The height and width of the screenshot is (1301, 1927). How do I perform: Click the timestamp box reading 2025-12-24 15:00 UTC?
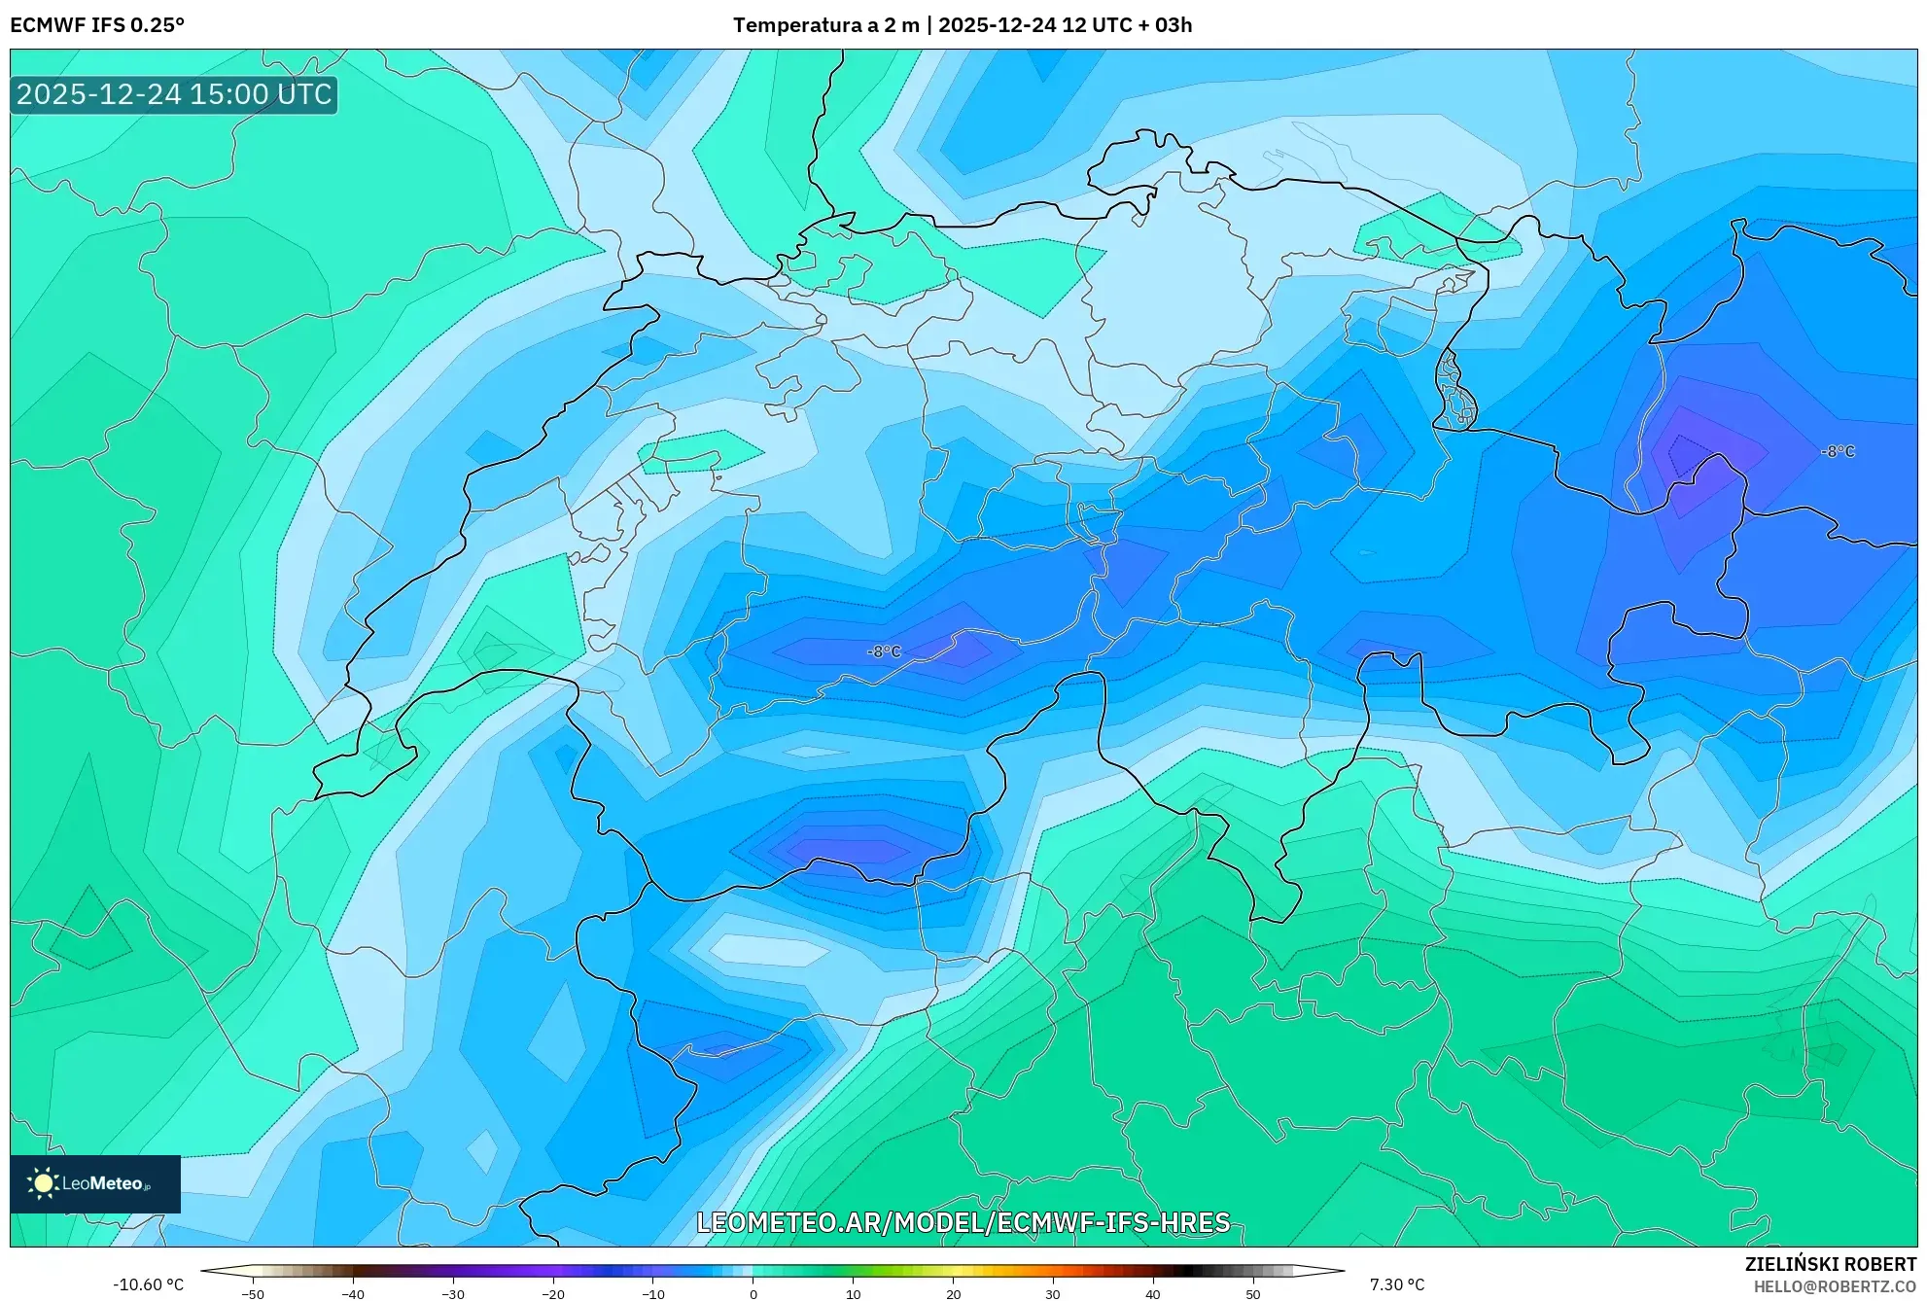(174, 94)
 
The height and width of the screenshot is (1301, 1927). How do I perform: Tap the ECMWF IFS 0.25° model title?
(97, 25)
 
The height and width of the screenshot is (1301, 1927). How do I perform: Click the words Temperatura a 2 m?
(825, 25)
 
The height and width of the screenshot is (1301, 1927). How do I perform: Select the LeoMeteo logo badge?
(95, 1183)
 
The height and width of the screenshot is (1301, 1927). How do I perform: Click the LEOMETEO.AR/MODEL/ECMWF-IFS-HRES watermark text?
(963, 1222)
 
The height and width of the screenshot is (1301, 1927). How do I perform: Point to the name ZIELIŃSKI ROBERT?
(1830, 1264)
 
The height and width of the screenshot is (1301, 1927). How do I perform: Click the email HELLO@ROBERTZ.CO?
(1835, 1286)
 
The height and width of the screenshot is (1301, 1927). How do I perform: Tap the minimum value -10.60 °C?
(148, 1284)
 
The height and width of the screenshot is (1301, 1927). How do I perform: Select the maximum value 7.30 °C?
(1397, 1284)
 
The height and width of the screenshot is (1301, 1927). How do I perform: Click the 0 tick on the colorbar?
(753, 1293)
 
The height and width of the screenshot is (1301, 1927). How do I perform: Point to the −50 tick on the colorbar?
(252, 1293)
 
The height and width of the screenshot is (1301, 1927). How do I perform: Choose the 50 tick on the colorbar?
(1252, 1293)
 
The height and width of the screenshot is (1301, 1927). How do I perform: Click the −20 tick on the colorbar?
(552, 1293)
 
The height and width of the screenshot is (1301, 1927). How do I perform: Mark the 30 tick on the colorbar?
(1053, 1293)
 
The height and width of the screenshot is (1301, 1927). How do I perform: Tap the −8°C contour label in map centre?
(884, 651)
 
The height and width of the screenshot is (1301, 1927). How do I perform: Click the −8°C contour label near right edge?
(1838, 451)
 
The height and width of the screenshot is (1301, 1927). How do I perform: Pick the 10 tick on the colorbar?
(853, 1293)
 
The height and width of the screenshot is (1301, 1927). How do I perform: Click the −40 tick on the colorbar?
(352, 1293)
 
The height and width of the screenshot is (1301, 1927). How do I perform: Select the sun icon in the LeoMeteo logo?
(43, 1183)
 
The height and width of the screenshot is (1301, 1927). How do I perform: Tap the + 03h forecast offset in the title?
(1166, 25)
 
